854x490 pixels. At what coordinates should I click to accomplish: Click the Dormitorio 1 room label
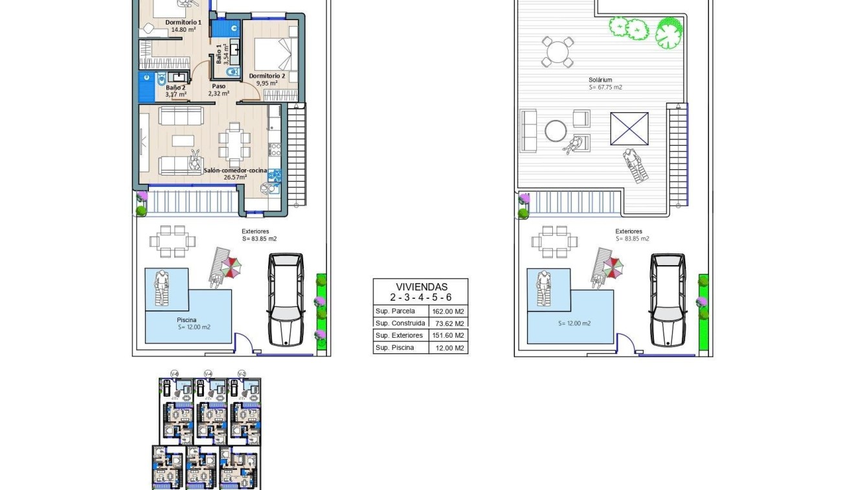(x=183, y=22)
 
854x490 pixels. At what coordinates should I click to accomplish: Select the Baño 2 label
(x=175, y=87)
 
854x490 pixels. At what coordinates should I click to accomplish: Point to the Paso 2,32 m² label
(x=219, y=89)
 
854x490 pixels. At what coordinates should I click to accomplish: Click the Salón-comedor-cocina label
(x=235, y=170)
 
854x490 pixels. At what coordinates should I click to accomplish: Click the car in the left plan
(x=286, y=299)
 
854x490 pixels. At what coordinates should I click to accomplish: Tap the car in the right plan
(x=668, y=299)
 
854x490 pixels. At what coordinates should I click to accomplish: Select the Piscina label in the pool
(x=186, y=320)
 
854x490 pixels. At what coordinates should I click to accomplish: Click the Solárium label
(x=600, y=80)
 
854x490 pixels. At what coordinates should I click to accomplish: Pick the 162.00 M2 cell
(x=448, y=311)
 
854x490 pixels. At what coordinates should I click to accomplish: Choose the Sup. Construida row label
(x=400, y=323)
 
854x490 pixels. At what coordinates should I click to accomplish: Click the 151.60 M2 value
(x=448, y=336)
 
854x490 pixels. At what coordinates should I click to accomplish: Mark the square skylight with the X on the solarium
(x=629, y=128)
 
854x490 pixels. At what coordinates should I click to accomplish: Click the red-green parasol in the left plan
(x=232, y=266)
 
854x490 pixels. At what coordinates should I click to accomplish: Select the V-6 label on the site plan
(x=174, y=373)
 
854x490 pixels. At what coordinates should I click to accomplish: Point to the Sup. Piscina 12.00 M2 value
(x=448, y=348)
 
